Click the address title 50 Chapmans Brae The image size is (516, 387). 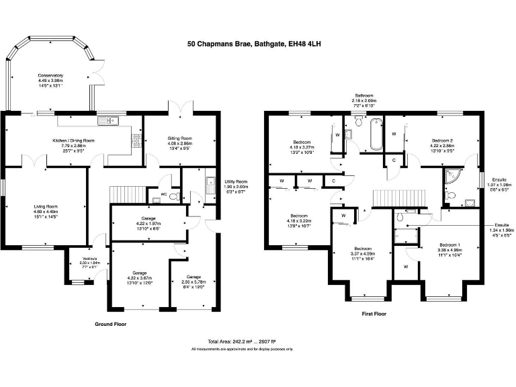click(257, 44)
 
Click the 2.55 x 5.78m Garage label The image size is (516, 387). click(193, 279)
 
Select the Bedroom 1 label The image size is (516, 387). click(449, 248)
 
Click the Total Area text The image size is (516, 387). click(242, 341)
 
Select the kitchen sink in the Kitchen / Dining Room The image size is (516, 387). click(107, 121)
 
